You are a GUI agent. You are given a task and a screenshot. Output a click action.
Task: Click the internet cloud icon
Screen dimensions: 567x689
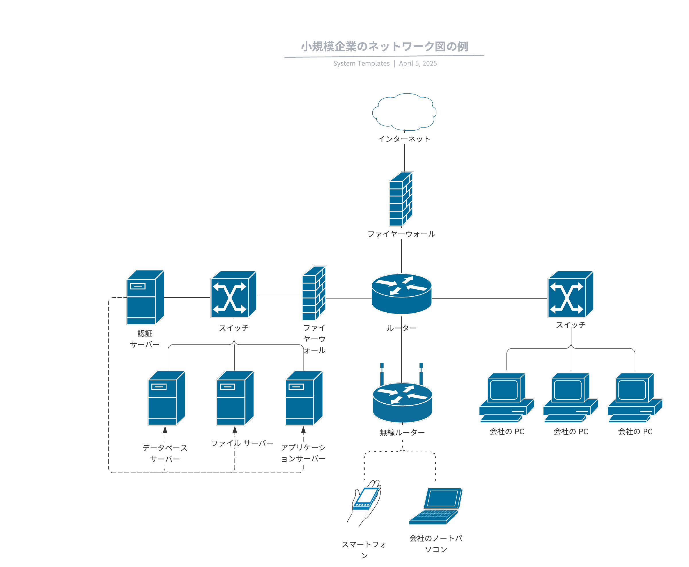[x=404, y=112]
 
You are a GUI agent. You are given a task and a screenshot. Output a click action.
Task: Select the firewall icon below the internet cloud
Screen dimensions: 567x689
[x=401, y=199]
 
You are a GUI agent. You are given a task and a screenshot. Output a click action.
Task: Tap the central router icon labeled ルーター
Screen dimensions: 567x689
[x=401, y=294]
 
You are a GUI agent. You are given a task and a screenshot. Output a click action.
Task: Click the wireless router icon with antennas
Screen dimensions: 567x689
[x=402, y=399]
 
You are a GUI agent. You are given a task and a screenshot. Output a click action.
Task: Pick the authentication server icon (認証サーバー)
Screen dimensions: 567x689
[x=145, y=297]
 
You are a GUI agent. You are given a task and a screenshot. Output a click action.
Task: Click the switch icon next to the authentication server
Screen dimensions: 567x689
[x=233, y=294]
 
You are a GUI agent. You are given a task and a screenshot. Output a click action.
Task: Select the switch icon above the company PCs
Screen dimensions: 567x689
[x=570, y=294]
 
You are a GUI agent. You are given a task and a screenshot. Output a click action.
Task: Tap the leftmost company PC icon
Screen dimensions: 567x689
[x=506, y=398]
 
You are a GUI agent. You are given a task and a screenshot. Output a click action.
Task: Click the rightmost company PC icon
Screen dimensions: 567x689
[x=634, y=398]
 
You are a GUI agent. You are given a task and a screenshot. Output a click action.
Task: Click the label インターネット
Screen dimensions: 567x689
[x=404, y=139]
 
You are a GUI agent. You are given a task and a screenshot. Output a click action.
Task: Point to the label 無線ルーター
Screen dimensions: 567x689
[x=402, y=432]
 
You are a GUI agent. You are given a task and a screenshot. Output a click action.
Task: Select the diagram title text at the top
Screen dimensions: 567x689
[x=384, y=47]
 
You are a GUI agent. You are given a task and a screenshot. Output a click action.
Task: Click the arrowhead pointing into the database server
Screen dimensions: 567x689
[x=165, y=429]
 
